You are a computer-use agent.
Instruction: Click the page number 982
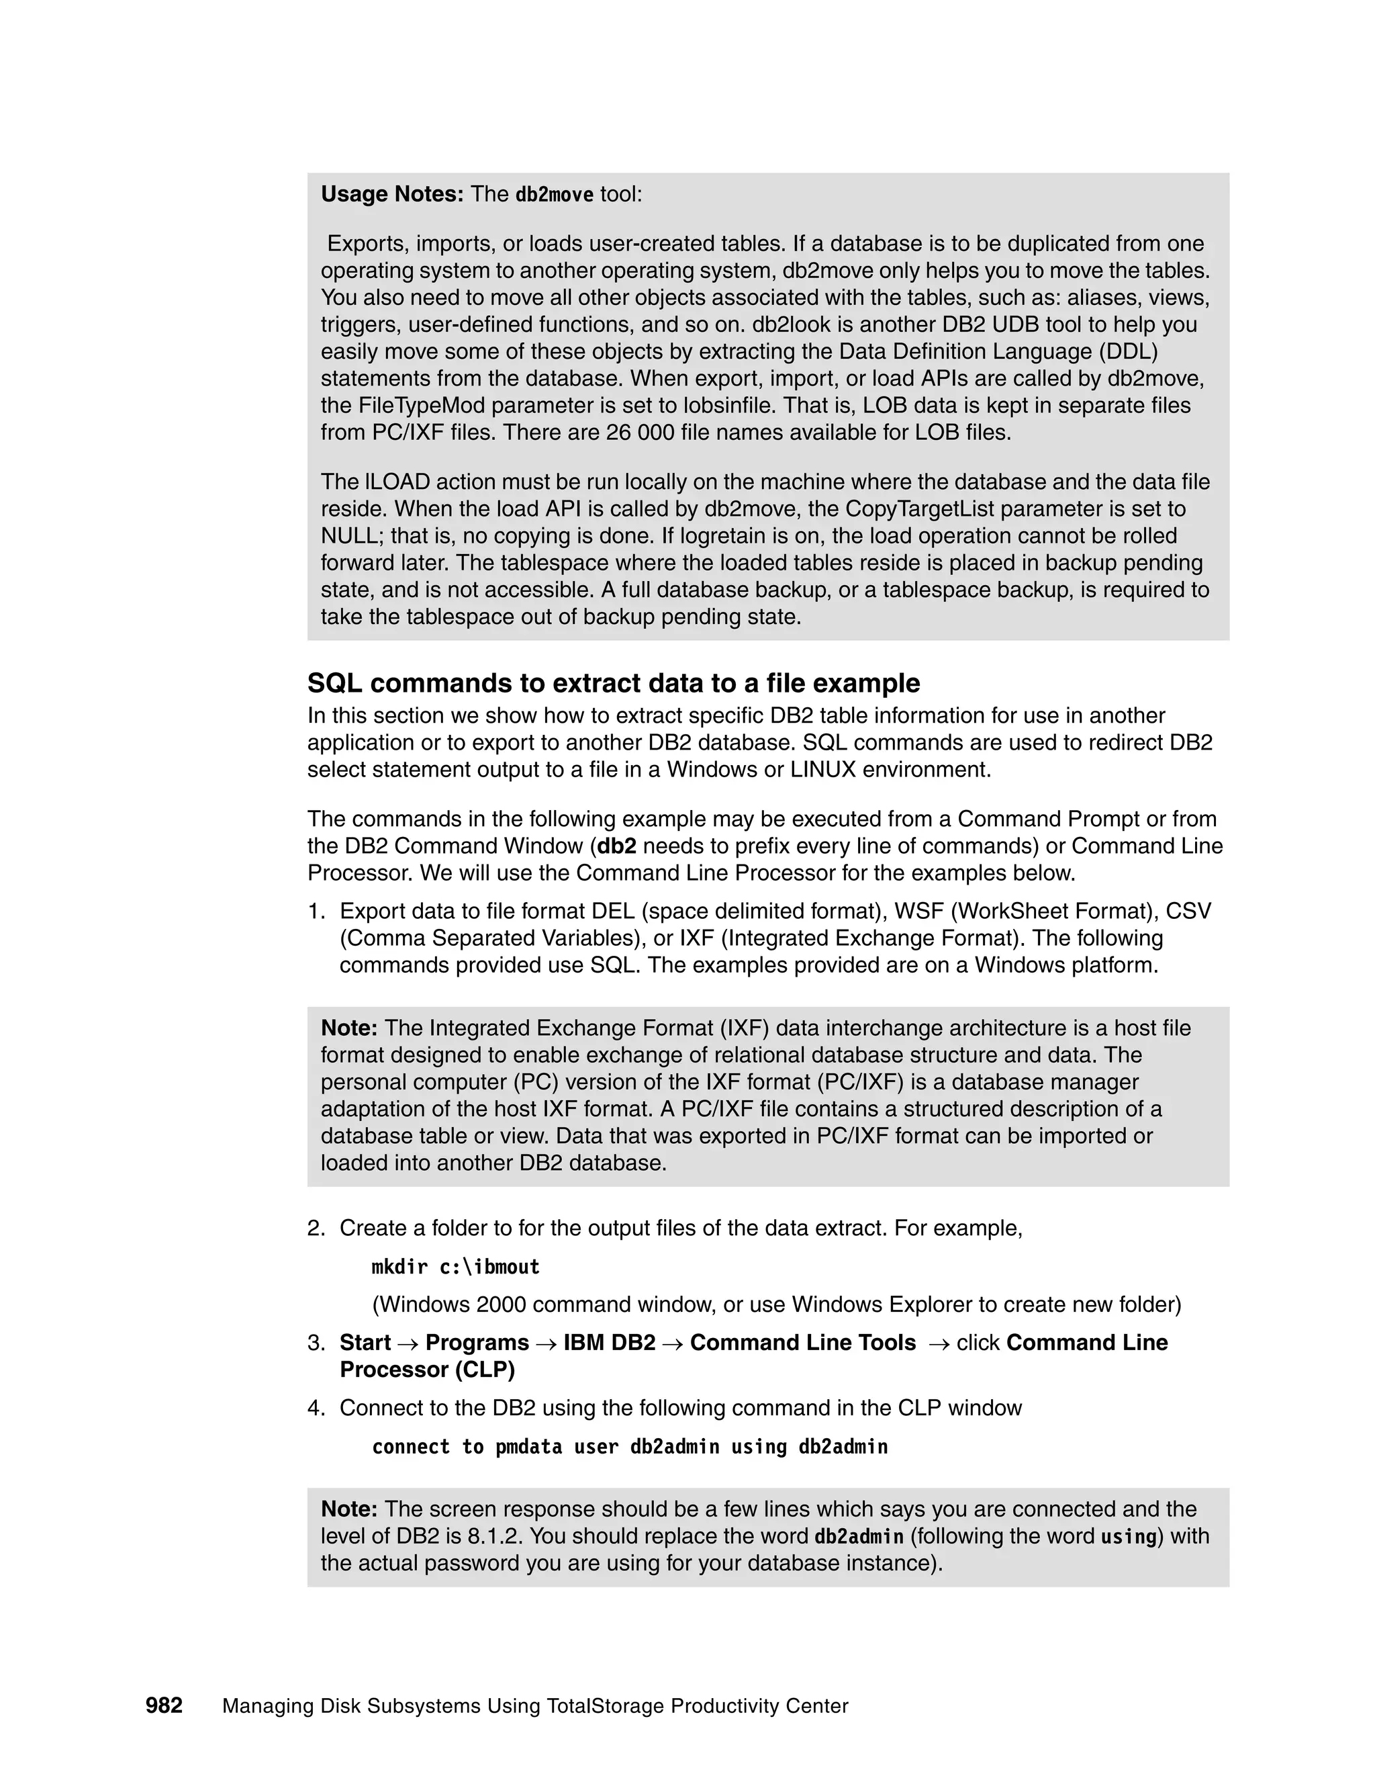point(164,1705)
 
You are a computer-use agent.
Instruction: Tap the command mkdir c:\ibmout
point(455,1267)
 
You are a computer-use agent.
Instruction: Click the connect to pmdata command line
point(629,1447)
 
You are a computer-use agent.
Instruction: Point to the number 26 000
point(641,433)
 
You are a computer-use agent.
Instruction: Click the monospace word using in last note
point(1128,1537)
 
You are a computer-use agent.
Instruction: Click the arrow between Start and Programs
point(408,1343)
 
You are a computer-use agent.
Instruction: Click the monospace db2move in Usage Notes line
point(554,195)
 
